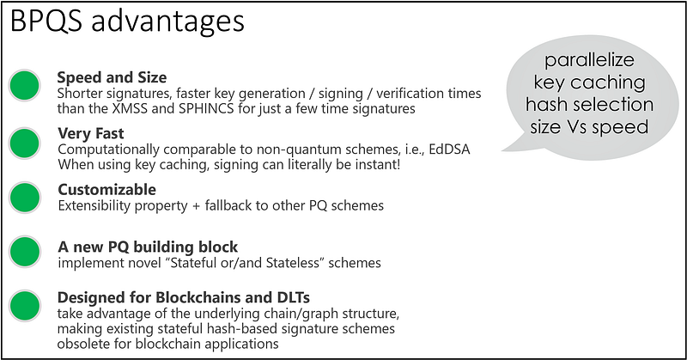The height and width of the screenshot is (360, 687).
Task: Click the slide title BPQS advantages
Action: pos(127,21)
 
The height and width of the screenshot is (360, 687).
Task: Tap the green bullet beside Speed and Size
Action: pos(25,86)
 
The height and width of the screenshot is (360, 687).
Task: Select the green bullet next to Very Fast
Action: pos(25,143)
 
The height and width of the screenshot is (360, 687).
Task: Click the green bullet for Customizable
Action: pos(25,198)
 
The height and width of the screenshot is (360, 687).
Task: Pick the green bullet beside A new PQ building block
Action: pos(25,252)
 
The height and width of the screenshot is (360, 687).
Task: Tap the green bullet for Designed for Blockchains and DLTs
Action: pos(25,306)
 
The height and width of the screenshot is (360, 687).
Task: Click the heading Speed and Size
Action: pos(112,77)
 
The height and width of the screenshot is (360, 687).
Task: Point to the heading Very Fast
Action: pos(91,133)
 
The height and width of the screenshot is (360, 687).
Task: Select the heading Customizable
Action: pos(106,189)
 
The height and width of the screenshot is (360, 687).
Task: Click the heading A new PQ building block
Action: pos(148,247)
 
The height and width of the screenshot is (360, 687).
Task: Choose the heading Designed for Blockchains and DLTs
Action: pos(184,297)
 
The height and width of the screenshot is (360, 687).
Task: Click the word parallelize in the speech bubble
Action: pos(589,60)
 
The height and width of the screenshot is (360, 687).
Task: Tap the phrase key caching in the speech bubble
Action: pos(589,82)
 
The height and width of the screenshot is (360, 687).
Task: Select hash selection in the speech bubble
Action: pos(589,104)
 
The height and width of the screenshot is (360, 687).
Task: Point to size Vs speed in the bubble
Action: pos(589,127)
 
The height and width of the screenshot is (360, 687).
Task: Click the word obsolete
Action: pos(82,344)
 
